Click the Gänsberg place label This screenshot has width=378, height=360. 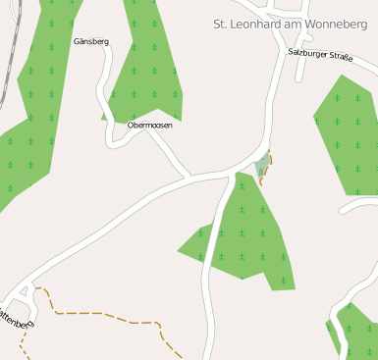(91, 42)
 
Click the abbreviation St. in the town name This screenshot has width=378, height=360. (222, 23)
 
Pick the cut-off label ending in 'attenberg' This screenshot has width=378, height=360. (15, 318)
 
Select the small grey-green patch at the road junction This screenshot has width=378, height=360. (261, 166)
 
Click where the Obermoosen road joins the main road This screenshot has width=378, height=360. (189, 179)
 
